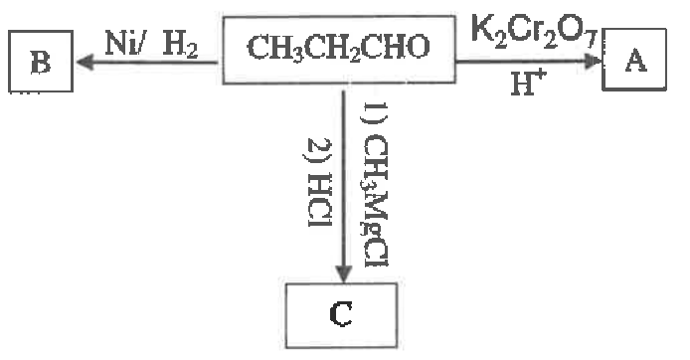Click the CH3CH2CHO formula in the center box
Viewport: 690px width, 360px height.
click(338, 47)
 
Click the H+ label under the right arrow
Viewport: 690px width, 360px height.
click(529, 83)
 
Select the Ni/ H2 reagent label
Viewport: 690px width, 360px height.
click(151, 45)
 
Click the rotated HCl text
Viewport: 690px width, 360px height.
click(318, 200)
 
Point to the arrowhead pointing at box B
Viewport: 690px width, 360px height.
click(85, 63)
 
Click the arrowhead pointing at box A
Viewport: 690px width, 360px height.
click(594, 62)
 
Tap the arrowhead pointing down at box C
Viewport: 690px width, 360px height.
click(343, 272)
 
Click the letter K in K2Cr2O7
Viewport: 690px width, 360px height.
click(481, 28)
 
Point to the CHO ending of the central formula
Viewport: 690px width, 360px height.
click(399, 46)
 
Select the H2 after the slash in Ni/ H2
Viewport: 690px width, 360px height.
click(180, 46)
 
